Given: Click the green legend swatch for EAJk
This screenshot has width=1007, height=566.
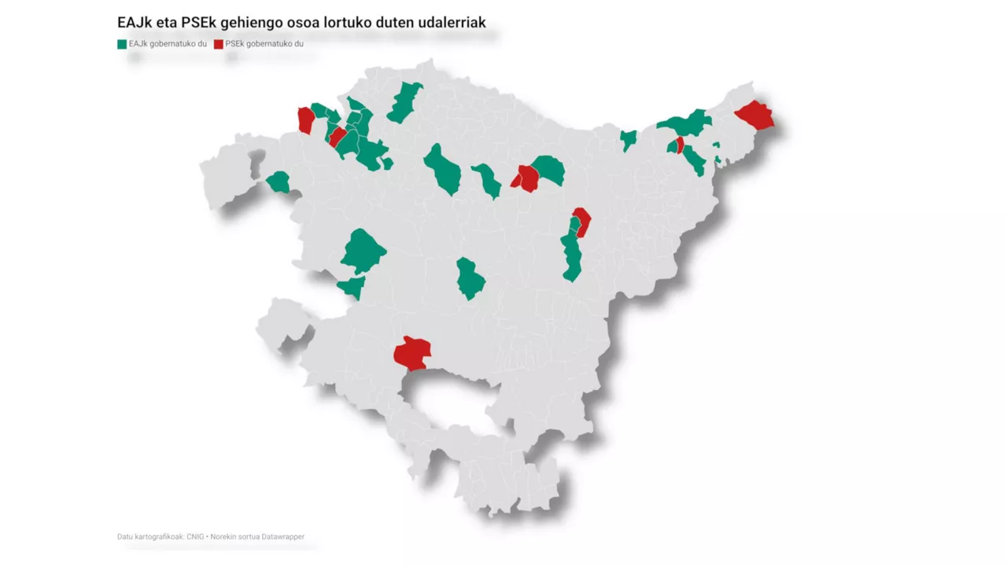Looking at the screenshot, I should tap(122, 44).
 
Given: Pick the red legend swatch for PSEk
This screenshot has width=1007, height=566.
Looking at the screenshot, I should tap(219, 44).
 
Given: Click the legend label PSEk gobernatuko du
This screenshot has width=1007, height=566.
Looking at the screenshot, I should tap(264, 44).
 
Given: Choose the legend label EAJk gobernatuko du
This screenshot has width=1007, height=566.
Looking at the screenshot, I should tap(168, 44).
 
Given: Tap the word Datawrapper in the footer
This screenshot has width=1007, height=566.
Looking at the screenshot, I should tap(283, 537).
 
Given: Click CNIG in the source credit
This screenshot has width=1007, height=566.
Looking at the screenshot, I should tap(195, 537).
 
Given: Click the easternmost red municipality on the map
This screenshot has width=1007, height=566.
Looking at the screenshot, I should tap(755, 116).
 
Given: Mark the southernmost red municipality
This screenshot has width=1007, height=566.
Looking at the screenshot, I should tap(412, 353).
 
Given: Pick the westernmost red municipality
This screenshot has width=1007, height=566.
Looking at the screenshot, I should tap(306, 120).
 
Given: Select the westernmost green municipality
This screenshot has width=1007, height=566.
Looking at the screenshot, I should tap(278, 182).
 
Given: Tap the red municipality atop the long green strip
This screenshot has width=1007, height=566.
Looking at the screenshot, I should tap(582, 219).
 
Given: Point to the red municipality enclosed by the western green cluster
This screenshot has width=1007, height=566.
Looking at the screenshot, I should tap(338, 137).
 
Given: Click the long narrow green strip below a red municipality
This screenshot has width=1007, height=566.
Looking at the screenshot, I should tap(571, 255).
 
